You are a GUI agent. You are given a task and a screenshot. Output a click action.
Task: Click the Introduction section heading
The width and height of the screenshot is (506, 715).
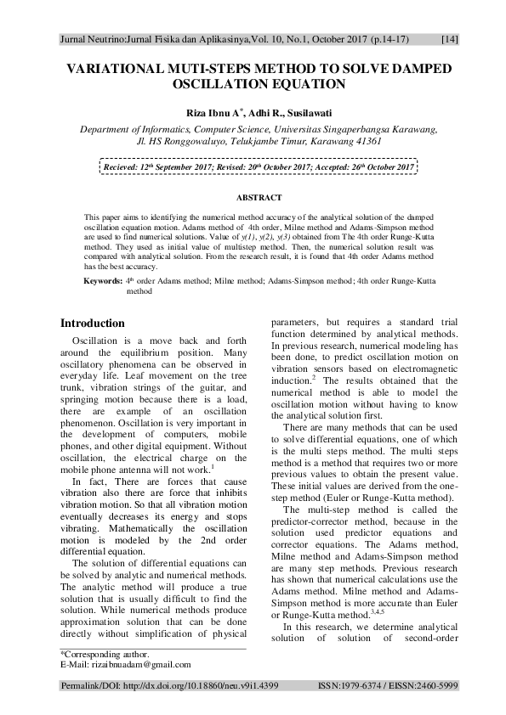(x=93, y=324)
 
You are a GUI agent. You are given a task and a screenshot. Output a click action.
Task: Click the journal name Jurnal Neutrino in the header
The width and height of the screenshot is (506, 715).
(x=93, y=39)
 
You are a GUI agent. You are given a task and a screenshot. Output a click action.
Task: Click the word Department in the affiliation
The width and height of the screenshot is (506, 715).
(x=110, y=129)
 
